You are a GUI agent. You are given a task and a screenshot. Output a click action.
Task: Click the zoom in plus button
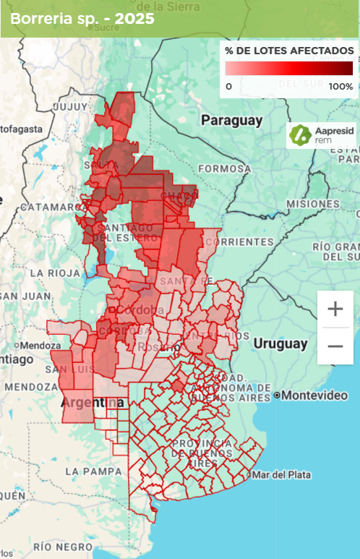click(335, 309)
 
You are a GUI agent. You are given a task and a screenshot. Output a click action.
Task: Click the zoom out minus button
click(335, 346)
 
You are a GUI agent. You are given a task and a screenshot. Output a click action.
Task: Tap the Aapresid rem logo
click(321, 135)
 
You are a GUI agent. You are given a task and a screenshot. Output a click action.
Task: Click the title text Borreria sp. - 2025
click(82, 19)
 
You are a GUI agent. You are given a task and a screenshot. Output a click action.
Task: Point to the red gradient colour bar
click(288, 69)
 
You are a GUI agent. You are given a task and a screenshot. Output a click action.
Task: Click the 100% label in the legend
click(340, 87)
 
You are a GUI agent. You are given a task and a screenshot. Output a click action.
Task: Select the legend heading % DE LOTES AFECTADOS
click(289, 51)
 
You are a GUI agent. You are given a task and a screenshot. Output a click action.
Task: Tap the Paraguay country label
click(231, 120)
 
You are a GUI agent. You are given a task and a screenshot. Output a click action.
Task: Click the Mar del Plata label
click(281, 474)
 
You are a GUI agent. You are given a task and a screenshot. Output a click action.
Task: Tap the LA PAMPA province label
click(93, 471)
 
